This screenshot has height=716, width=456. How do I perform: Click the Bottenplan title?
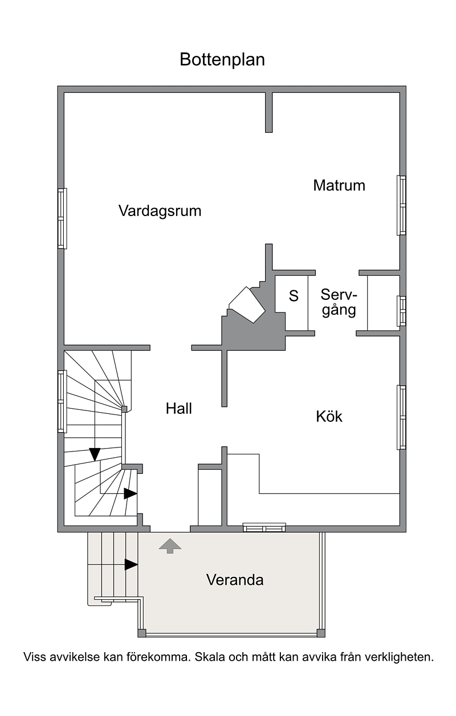[222, 60]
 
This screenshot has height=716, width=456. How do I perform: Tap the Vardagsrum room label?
[160, 211]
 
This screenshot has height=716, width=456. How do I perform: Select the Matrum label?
[339, 185]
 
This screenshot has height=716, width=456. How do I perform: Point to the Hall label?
[178, 409]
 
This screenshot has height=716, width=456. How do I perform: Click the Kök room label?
[329, 417]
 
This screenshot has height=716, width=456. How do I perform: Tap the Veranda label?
[235, 580]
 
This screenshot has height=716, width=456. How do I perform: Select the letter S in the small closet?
[294, 296]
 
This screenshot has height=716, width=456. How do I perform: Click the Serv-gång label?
[339, 302]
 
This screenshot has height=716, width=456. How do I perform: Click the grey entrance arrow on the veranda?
[170, 546]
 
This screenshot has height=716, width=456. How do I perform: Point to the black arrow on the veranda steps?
[131, 564]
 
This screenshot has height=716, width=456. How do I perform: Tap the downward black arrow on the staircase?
[95, 454]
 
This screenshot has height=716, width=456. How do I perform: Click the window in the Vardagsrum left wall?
[62, 219]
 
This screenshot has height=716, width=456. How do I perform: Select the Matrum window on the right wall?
[401, 205]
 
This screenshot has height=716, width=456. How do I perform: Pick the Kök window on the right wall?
[401, 417]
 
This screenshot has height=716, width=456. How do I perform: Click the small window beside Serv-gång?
[401, 311]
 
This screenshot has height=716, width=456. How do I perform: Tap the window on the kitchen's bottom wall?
[264, 527]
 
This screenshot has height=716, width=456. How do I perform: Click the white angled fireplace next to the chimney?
[247, 305]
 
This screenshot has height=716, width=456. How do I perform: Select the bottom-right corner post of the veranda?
[320, 633]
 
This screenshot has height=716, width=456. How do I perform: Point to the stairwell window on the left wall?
[62, 401]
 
